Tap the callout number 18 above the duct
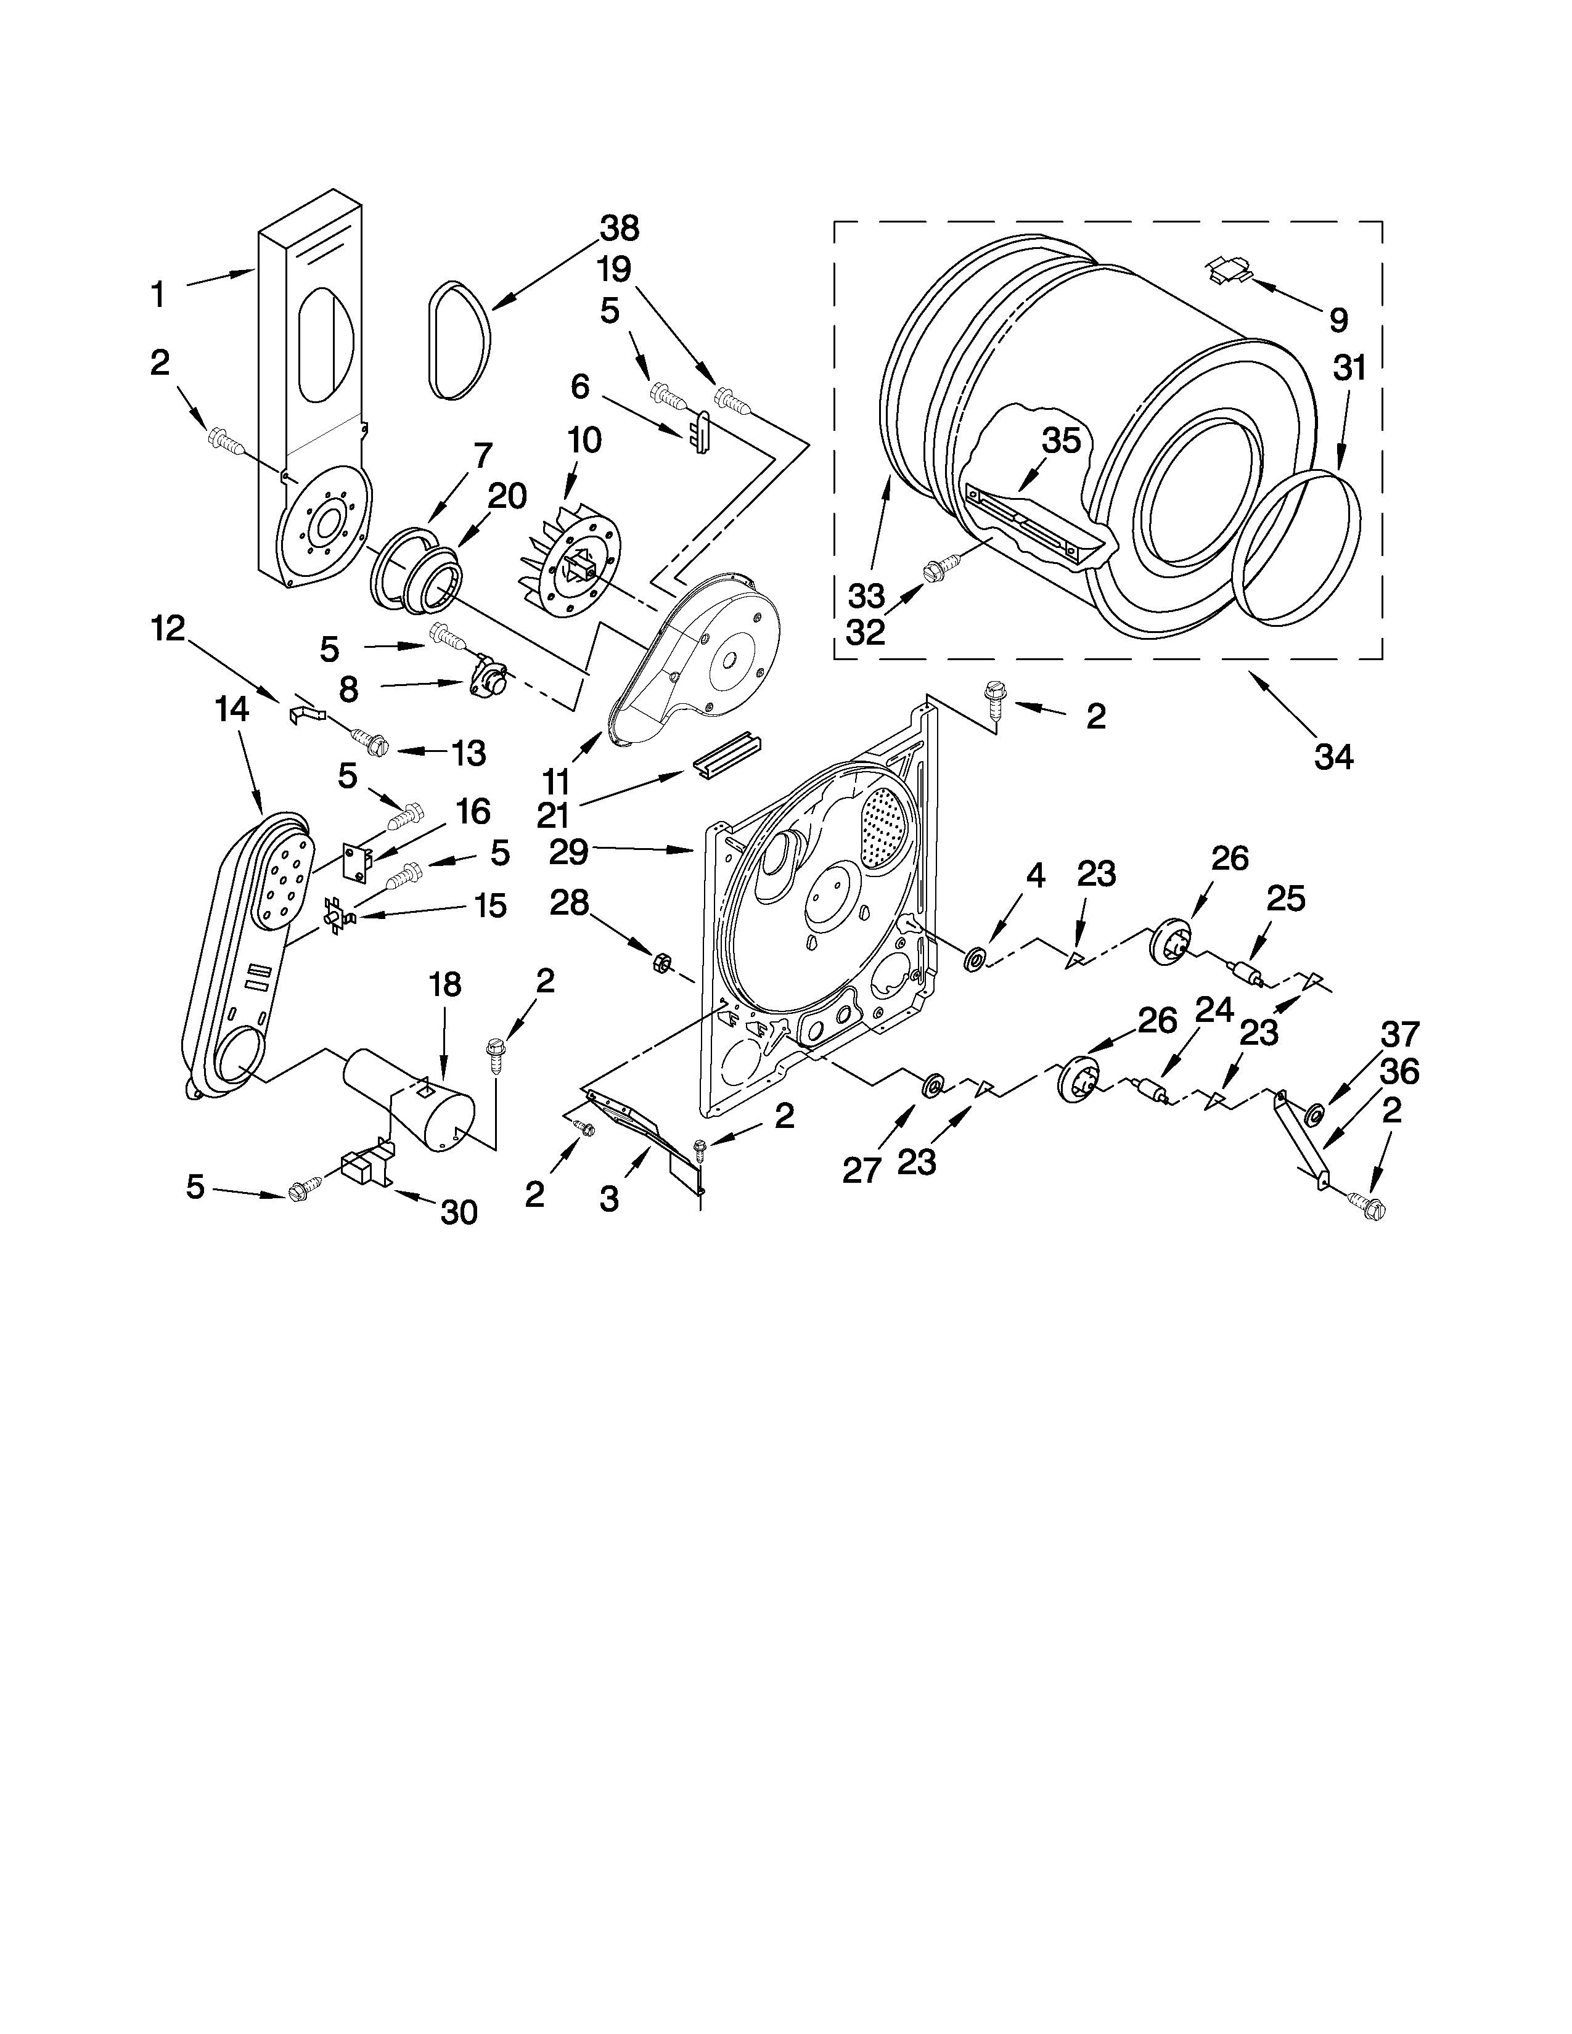coord(445,984)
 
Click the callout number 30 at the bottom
coord(458,1212)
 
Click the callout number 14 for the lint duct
coord(232,709)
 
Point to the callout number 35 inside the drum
coord(1062,441)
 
